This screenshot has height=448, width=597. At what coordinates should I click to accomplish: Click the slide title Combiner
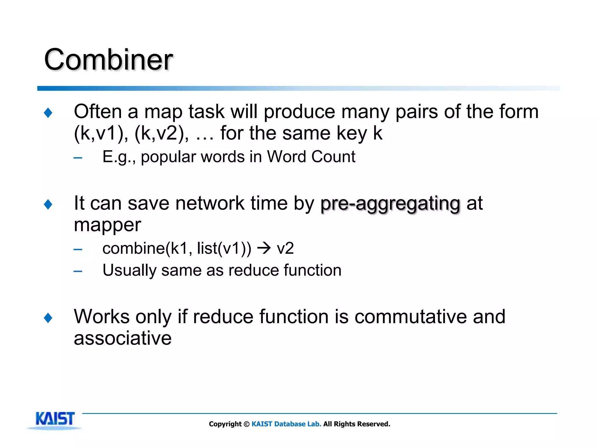point(108,60)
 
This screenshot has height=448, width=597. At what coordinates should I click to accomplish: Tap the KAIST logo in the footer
point(55,419)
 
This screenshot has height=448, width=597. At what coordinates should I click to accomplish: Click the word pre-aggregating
point(390,204)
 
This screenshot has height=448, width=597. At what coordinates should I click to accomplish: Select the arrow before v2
point(264,248)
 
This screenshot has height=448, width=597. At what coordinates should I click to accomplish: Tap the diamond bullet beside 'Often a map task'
point(48,113)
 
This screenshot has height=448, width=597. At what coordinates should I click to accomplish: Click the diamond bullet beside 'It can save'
point(48,204)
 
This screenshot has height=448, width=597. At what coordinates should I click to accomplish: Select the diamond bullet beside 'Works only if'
point(48,318)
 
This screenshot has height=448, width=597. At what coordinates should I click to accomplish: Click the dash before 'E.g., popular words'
point(78,158)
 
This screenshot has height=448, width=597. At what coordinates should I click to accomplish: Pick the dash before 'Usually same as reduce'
point(78,272)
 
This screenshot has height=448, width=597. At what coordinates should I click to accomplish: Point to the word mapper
point(107,225)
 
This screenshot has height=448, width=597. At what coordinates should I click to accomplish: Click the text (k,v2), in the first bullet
point(161,133)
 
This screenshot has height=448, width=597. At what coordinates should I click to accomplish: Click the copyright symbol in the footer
point(247,424)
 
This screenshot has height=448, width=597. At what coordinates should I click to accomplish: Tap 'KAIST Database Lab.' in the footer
point(286,424)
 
